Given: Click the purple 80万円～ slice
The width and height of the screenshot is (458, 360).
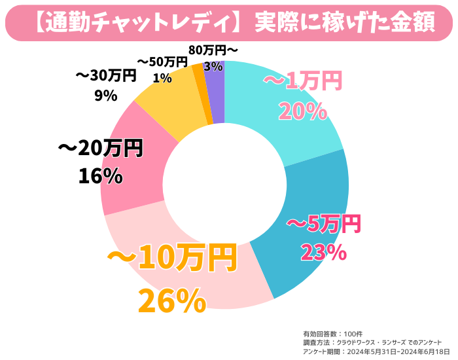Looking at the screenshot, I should [x=215, y=92].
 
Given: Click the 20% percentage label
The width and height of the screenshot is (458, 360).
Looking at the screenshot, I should [x=302, y=112].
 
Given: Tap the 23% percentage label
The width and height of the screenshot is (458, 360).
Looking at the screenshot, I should [x=323, y=252].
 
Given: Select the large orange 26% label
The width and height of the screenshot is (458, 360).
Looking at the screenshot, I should [x=172, y=301].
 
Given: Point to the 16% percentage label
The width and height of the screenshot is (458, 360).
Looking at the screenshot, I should [x=100, y=176].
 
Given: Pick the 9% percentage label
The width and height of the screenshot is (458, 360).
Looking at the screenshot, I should [x=105, y=96].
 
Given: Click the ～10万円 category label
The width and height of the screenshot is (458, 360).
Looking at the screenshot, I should [x=172, y=259].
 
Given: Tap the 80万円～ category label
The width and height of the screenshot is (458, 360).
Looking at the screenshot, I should [x=213, y=50].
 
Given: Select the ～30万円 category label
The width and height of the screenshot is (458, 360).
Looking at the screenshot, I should [x=105, y=75].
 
